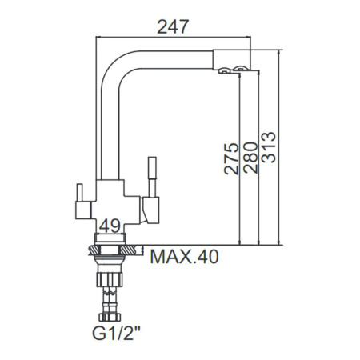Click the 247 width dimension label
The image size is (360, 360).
(173, 26)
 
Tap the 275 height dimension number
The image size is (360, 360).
(231, 158)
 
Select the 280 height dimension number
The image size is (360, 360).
(250, 158)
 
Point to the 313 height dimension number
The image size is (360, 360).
(268, 147)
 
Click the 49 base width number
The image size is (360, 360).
(110, 227)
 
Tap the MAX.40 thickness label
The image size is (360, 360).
(185, 257)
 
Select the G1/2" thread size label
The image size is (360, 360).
(116, 333)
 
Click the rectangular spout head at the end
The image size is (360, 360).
(231, 59)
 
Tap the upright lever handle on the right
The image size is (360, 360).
(152, 177)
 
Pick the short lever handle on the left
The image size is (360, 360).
(80, 193)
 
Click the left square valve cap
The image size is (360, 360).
(83, 210)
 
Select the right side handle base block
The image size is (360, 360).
(150, 210)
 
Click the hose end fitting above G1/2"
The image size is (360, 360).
(110, 317)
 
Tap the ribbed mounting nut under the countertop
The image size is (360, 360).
(110, 279)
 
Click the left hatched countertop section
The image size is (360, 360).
(94, 250)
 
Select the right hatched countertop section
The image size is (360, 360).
(128, 250)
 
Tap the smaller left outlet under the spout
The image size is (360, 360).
(224, 70)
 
